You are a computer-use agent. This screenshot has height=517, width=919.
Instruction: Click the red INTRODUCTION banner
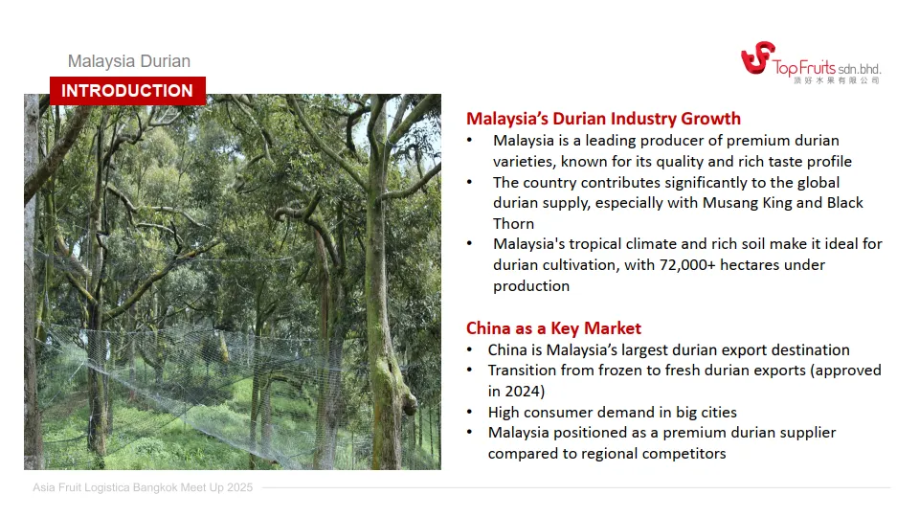pyautogui.click(x=127, y=91)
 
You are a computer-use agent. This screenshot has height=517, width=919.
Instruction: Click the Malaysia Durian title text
pyautogui.click(x=129, y=61)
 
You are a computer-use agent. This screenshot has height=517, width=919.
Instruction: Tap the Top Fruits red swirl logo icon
pyautogui.click(x=758, y=57)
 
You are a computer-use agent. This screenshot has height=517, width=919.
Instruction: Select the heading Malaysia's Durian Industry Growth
pyautogui.click(x=603, y=119)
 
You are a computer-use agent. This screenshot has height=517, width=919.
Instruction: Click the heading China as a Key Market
pyautogui.click(x=553, y=328)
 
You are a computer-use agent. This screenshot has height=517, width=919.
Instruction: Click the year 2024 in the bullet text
pyautogui.click(x=523, y=391)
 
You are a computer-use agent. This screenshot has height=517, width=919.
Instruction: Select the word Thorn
pyautogui.click(x=513, y=224)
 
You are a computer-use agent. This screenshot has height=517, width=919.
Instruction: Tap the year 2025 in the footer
pyautogui.click(x=240, y=487)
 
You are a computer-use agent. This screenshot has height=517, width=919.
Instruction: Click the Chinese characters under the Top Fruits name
pyautogui.click(x=837, y=80)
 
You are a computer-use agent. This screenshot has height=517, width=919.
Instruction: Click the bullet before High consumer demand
pyautogui.click(x=469, y=412)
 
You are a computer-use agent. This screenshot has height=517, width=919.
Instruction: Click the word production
pyautogui.click(x=531, y=286)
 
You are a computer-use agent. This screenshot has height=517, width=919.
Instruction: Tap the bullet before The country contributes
pyautogui.click(x=469, y=182)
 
